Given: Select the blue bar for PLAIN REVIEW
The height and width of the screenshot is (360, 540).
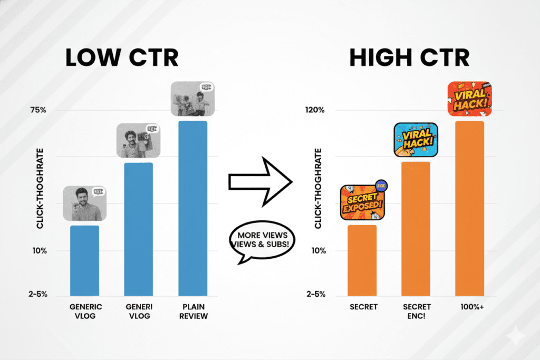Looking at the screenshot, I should click(x=192, y=208).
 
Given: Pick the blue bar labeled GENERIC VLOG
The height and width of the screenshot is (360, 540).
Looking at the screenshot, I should click(x=84, y=260).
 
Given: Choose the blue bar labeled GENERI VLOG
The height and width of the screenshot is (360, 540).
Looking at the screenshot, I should click(x=138, y=229).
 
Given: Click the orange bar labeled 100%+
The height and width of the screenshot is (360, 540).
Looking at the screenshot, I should click(x=469, y=208).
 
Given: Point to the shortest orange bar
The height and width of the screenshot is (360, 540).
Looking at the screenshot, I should click(x=362, y=260).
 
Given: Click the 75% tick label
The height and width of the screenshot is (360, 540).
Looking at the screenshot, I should click(x=38, y=110).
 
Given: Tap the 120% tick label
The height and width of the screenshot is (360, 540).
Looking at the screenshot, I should click(x=314, y=110).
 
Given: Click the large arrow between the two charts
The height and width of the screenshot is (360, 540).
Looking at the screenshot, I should click(x=260, y=182).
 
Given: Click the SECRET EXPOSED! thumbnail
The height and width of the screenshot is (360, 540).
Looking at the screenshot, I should click(x=363, y=202).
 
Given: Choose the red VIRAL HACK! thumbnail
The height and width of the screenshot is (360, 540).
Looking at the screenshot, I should click(x=469, y=99).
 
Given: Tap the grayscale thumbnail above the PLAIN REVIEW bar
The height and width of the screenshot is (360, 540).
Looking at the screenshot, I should click(x=192, y=99).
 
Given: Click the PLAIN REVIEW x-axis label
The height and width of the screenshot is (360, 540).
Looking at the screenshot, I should click(x=192, y=311).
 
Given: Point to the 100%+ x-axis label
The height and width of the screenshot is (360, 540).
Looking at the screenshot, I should click(x=469, y=307).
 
